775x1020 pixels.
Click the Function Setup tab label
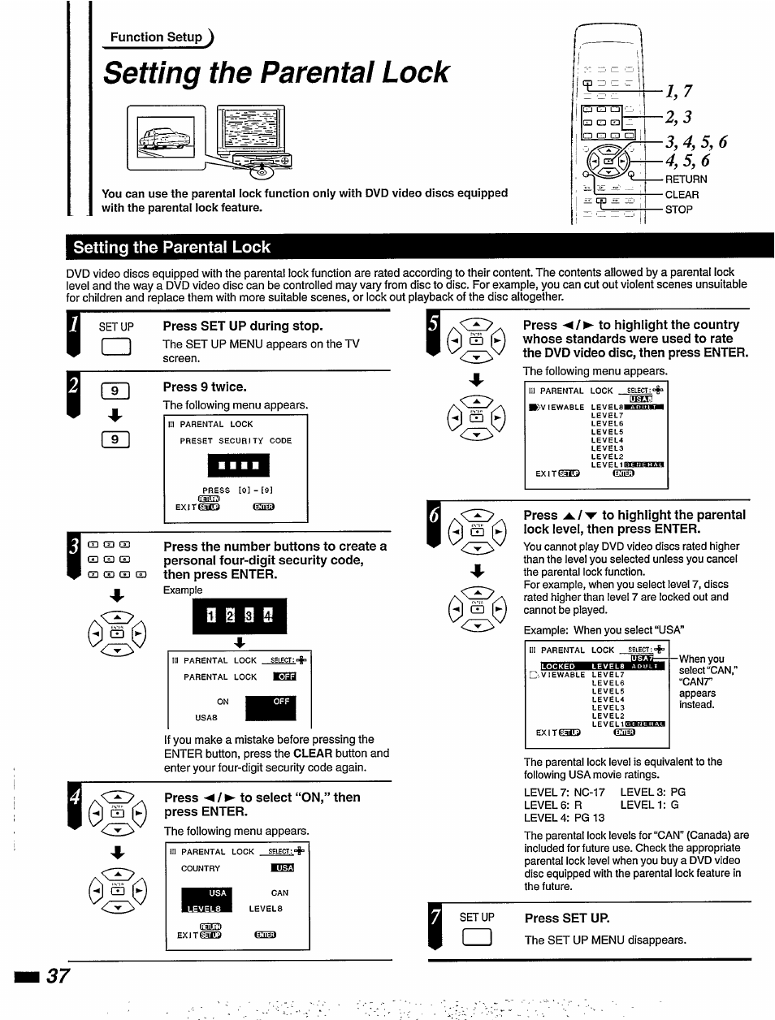[156, 37]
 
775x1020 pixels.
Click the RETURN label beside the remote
[686, 179]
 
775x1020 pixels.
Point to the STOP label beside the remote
[678, 210]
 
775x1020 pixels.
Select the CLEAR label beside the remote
[682, 195]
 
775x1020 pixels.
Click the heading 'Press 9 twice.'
[205, 387]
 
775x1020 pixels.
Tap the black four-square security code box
[238, 465]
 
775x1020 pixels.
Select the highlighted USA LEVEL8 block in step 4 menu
[206, 900]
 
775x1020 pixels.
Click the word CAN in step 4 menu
[279, 892]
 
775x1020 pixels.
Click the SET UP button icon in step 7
[475, 939]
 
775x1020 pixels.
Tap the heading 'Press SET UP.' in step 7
[566, 918]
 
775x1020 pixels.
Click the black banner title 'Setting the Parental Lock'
[171, 248]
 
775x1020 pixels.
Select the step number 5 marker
[433, 325]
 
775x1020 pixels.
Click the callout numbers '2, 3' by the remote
[678, 117]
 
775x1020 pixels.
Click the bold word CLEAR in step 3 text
[313, 754]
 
